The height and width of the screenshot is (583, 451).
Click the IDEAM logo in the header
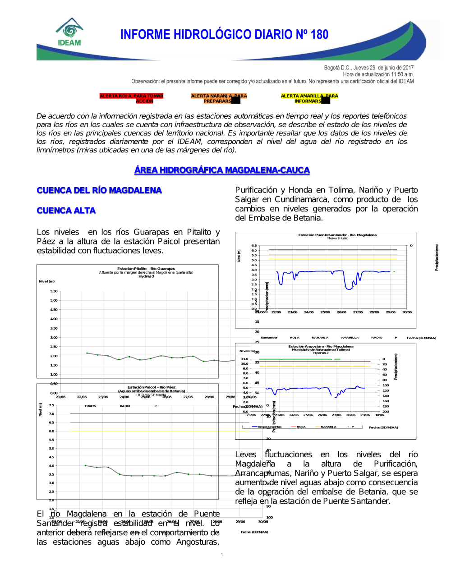(x=69, y=32)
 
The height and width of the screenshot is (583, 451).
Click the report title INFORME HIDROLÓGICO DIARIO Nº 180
(x=224, y=35)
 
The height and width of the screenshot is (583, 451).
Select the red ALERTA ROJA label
(x=131, y=98)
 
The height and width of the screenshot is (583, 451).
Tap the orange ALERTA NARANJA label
(x=219, y=98)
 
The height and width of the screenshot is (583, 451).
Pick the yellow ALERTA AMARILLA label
(x=309, y=98)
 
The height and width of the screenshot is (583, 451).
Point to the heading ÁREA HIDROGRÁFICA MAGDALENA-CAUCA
(x=222, y=170)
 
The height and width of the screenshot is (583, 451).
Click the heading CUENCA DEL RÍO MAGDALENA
(x=99, y=190)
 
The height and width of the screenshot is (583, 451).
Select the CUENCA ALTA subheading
(x=66, y=211)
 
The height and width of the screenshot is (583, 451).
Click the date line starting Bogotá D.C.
(x=368, y=68)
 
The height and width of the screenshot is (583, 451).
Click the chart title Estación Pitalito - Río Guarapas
(x=146, y=269)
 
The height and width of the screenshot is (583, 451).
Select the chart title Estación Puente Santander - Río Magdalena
(x=337, y=235)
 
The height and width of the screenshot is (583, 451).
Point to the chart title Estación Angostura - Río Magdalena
(x=321, y=346)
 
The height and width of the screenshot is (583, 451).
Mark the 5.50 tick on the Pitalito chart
(x=54, y=291)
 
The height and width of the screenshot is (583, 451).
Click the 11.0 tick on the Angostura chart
(x=244, y=359)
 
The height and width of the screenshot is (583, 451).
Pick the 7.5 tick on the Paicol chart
(x=51, y=405)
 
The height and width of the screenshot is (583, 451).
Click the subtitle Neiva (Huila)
(x=338, y=238)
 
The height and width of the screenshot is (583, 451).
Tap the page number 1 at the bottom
(x=222, y=555)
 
